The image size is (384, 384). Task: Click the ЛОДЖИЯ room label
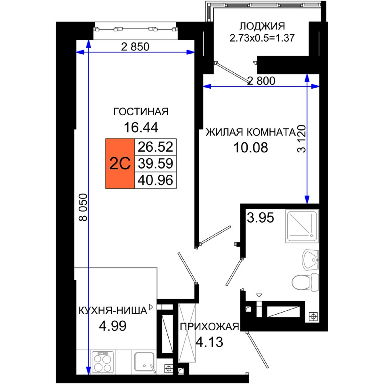[262, 26]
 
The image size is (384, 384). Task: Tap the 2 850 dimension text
[135, 47]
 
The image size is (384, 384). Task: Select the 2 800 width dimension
[261, 81]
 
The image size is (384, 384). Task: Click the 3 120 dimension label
[301, 139]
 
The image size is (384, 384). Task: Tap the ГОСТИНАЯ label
[141, 112]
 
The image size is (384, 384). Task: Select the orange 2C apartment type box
[120, 164]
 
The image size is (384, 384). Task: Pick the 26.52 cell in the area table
[156, 147]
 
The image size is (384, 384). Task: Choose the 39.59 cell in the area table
[156, 164]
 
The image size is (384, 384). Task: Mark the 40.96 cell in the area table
[156, 180]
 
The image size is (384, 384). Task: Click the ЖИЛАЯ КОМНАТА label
[251, 132]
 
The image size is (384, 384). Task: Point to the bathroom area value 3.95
[260, 218]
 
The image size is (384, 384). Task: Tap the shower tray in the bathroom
[302, 226]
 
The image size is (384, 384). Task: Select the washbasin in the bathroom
[311, 260]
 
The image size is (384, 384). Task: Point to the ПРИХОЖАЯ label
[209, 327]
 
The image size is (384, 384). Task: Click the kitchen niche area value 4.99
[113, 326]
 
